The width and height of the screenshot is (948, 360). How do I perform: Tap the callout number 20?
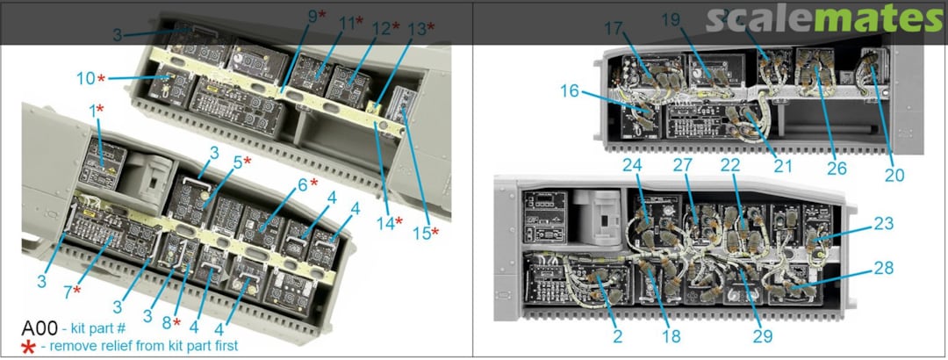coord(894,175)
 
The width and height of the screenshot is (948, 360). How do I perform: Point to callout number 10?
coord(85,79)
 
